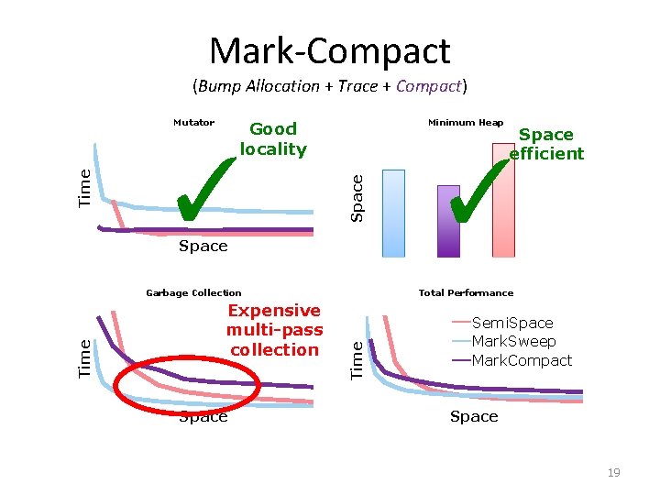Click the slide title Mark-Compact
[330, 50]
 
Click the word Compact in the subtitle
[429, 87]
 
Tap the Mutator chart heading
[193, 123]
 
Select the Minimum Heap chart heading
[466, 123]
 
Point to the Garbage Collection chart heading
[193, 293]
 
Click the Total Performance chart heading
[466, 293]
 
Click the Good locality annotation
[273, 139]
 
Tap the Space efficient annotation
[546, 144]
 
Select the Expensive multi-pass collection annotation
[274, 330]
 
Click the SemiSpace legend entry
[512, 323]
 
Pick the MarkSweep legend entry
[513, 341]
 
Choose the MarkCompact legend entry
[521, 360]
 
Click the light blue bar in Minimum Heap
[392, 213]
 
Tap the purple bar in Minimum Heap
[448, 221]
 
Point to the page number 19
[613, 473]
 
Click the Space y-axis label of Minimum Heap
[358, 197]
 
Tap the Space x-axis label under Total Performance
[474, 417]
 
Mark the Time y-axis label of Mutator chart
[85, 185]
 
